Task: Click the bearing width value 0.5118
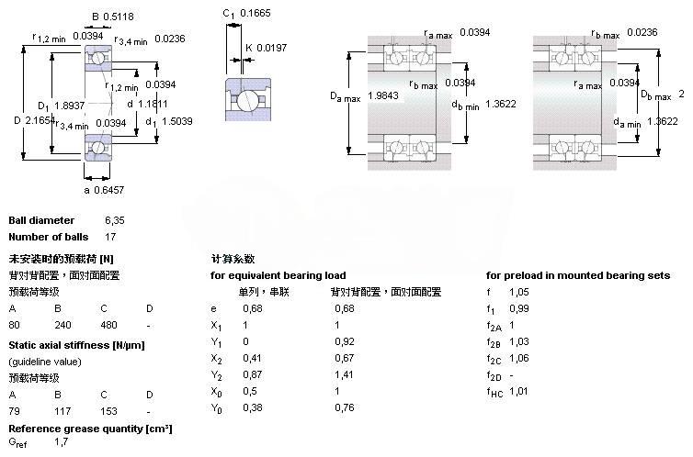point(119,16)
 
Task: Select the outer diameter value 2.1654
point(41,120)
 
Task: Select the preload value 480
point(109,325)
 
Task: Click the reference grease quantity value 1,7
point(62,443)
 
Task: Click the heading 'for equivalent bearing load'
point(278,275)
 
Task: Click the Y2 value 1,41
point(343,374)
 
